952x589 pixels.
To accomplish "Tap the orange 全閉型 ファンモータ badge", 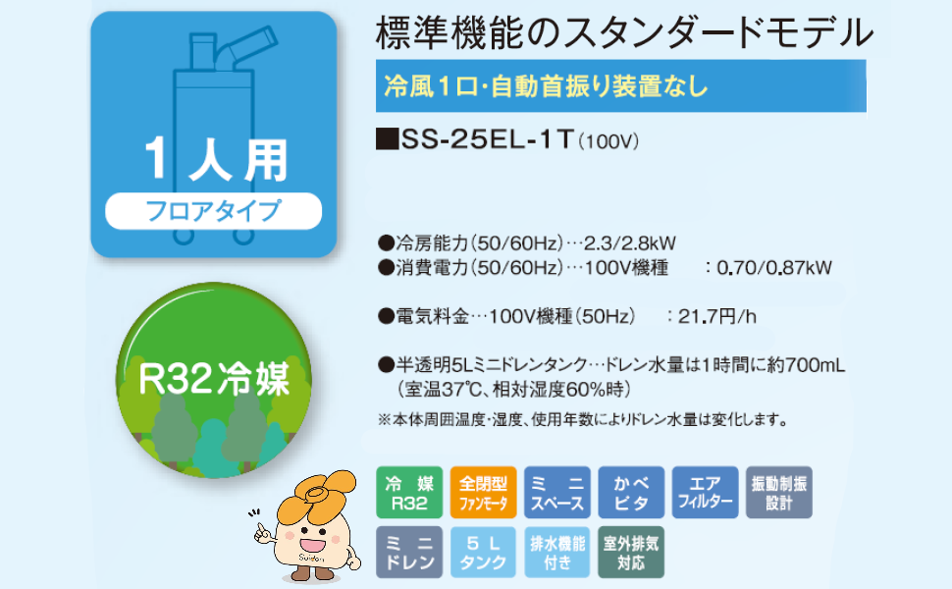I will pos(483,492).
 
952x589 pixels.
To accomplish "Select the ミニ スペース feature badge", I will pos(557,492).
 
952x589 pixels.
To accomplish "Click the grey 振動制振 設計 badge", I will pos(779,492).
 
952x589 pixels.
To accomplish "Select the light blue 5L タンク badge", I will pos(483,553).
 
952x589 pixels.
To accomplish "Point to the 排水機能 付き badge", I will pos(557,553).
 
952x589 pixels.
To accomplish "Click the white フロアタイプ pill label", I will pos(213,210).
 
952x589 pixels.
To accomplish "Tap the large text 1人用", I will pos(213,158).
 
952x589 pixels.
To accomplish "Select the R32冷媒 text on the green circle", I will pos(214,377).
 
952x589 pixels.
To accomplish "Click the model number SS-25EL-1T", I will pos(487,141).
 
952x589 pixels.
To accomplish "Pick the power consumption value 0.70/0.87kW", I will pos(774,267).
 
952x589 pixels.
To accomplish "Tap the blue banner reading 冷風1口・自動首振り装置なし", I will pos(621,85).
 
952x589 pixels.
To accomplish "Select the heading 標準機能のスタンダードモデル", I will pos(624,33).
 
